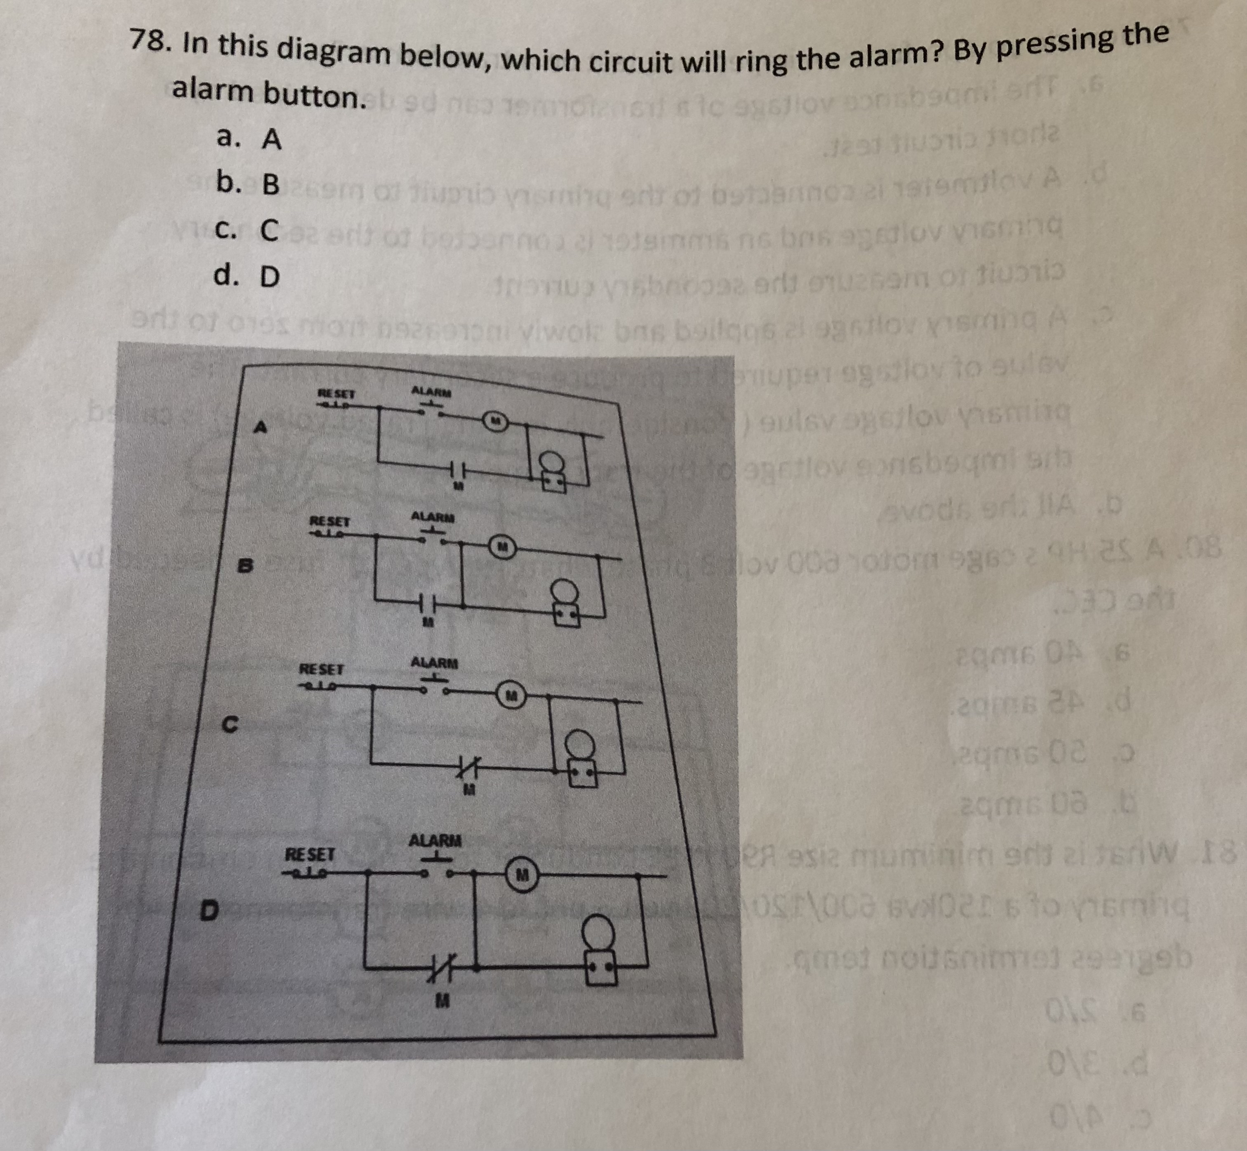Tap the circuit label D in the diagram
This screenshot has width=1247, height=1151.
[210, 913]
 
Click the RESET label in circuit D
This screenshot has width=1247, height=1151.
[310, 853]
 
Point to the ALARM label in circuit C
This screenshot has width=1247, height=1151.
[434, 663]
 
